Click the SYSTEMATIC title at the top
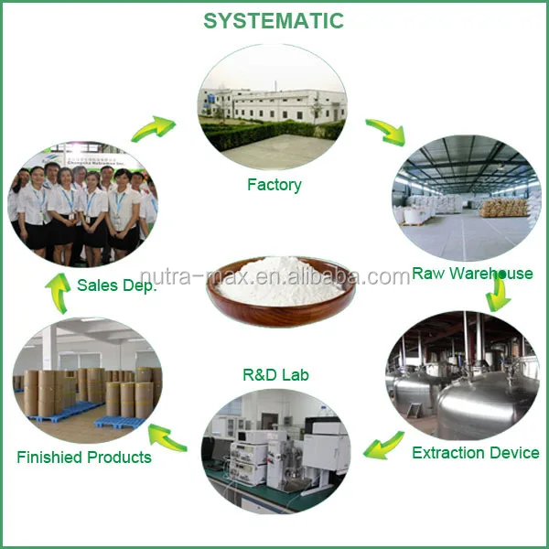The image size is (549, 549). point(274,20)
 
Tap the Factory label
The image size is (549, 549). point(274,185)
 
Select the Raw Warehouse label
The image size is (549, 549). point(472,273)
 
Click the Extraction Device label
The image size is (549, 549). point(476,452)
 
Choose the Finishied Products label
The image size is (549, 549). point(84,457)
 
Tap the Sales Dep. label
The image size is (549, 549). point(116,285)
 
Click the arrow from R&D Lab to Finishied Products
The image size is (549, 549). point(167,438)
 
